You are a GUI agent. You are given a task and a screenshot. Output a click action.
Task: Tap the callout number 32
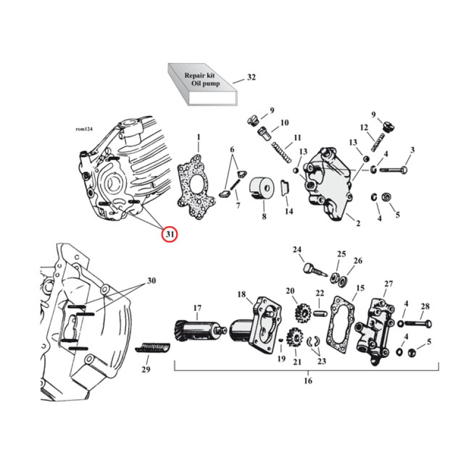coord(251,78)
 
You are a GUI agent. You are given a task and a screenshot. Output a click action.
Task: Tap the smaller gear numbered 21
coord(294,340)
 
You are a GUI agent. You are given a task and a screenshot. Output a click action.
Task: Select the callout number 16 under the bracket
coord(308,381)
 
